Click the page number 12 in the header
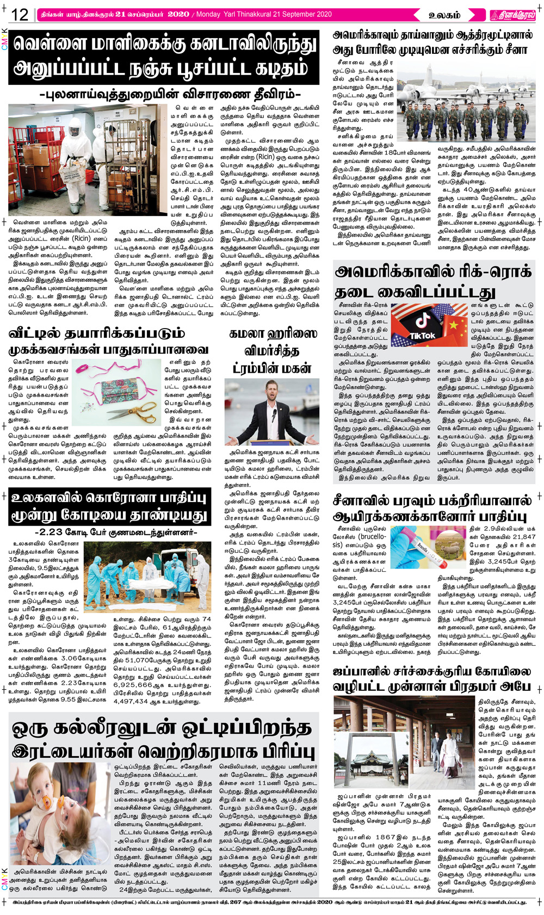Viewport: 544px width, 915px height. pos(20,14)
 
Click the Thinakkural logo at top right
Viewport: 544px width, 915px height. pos(512,15)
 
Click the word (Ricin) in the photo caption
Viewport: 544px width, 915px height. pos(82,238)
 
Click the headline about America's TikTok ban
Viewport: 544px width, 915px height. pos(432,281)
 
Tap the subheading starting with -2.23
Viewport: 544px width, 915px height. pos(115,532)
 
